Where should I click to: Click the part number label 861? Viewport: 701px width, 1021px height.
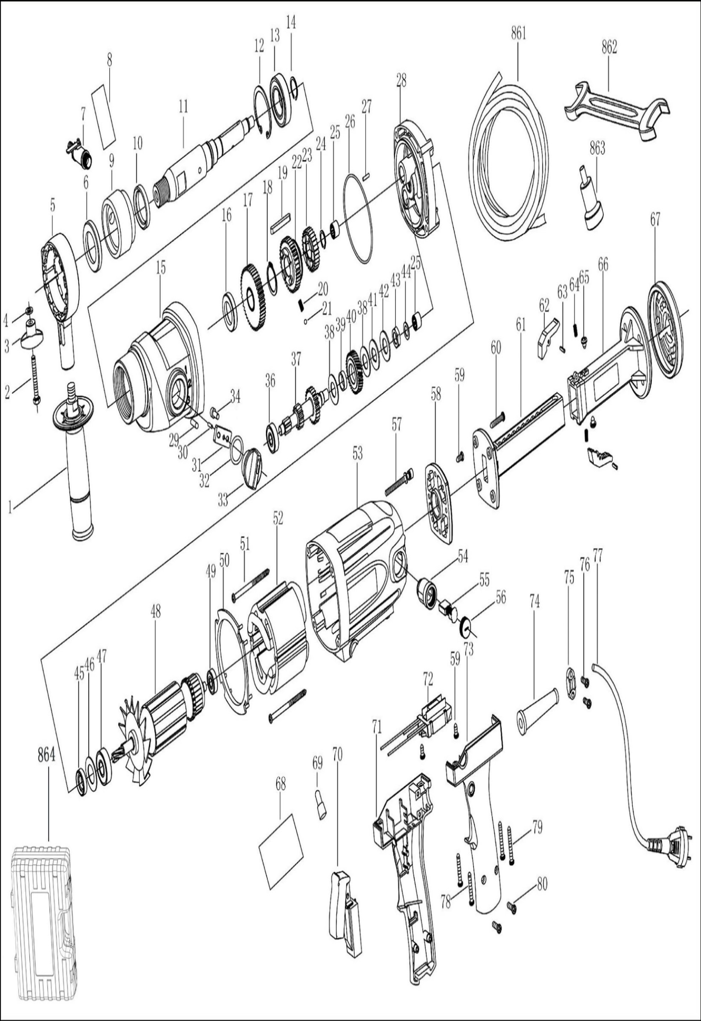518,34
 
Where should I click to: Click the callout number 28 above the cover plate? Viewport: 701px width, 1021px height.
401,80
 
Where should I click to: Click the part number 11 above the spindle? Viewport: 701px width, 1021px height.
183,106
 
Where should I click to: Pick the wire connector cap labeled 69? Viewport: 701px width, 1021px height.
319,805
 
